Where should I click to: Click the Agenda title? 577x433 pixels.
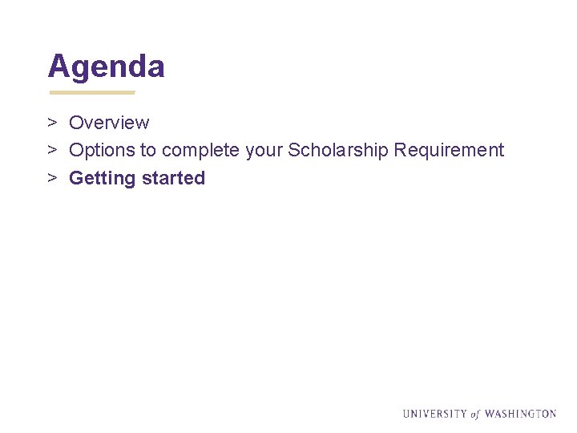tap(107, 67)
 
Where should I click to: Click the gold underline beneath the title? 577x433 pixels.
tap(91, 92)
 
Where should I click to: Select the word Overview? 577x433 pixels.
tap(109, 123)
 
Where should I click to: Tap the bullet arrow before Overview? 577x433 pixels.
tap(50, 123)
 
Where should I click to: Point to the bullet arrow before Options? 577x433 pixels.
tap(50, 151)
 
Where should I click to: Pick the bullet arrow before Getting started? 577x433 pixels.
tap(50, 178)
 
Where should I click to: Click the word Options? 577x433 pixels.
tap(103, 151)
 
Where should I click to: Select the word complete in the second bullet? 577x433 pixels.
tap(200, 151)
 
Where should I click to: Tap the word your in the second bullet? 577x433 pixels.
tap(264, 151)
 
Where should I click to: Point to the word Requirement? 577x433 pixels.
tap(450, 151)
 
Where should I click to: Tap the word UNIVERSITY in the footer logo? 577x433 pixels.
tap(434, 414)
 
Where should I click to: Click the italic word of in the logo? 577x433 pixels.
tap(475, 415)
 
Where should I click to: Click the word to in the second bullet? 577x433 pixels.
tap(149, 151)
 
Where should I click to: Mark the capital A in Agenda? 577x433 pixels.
tap(58, 67)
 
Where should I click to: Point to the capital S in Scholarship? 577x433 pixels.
tap(293, 151)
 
